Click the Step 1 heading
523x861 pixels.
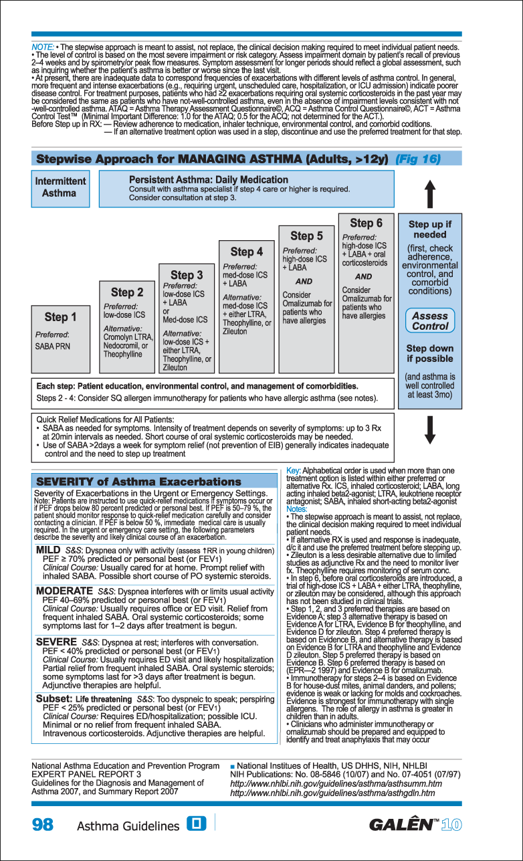tap(60, 317)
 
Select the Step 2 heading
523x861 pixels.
tap(127, 292)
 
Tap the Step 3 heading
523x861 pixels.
tap(187, 275)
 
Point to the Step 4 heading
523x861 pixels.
tap(246, 252)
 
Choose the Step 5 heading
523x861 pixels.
tap(306, 235)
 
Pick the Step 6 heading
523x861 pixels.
tap(367, 223)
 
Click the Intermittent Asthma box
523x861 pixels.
tap(60, 187)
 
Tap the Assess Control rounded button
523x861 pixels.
tap(430, 321)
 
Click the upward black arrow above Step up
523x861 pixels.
tap(431, 194)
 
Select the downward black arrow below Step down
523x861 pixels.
tap(431, 429)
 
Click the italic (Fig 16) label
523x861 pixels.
tap(417, 159)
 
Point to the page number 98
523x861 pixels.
tap(43, 824)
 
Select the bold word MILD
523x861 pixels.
tap(48, 550)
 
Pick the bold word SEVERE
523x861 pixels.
tap(56, 642)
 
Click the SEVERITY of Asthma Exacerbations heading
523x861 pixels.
tap(138, 482)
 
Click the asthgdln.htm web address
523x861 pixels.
tap(332, 793)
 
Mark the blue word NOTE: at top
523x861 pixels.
tap(43, 47)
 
